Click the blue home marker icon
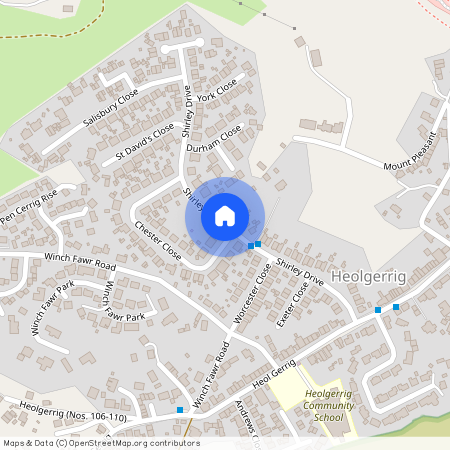click(x=225, y=216)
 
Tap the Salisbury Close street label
click(x=110, y=108)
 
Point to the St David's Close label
click(x=144, y=142)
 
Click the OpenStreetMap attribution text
click(x=100, y=443)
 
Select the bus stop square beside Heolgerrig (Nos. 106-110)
click(x=180, y=410)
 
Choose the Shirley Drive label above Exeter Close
click(x=300, y=273)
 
